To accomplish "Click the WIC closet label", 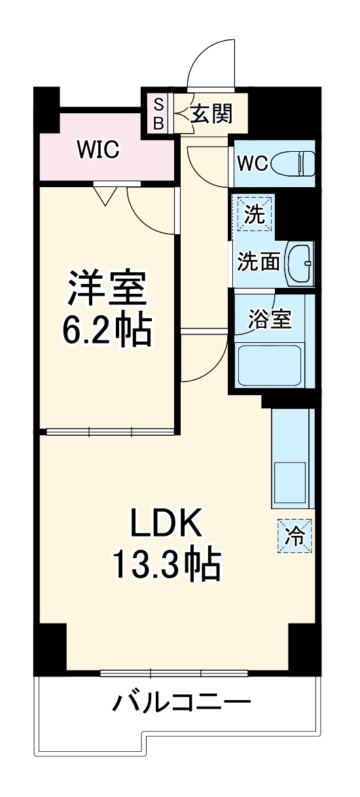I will coord(98,149).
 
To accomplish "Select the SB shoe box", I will coord(158,113).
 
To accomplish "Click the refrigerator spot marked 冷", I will coord(295,536).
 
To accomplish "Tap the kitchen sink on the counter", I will coord(289,482).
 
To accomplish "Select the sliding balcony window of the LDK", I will coord(175,673).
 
